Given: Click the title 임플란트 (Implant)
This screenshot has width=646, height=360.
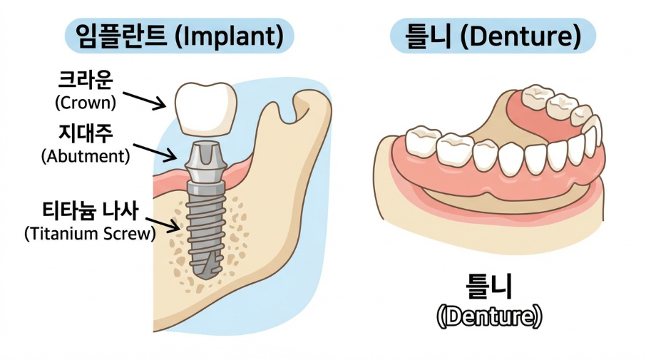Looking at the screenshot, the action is click(179, 34).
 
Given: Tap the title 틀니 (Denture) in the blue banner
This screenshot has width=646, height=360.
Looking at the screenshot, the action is click(492, 35).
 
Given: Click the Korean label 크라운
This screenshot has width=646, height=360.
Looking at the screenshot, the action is click(85, 78).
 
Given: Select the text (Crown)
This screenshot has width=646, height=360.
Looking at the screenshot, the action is click(85, 102).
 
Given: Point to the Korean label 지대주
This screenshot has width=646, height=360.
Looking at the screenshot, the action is click(85, 132).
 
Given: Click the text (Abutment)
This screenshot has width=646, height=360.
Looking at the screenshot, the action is click(86, 155).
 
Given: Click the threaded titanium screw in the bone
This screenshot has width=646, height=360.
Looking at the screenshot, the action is click(206, 221).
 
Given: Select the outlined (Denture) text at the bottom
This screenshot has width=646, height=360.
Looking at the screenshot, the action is click(489, 315).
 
